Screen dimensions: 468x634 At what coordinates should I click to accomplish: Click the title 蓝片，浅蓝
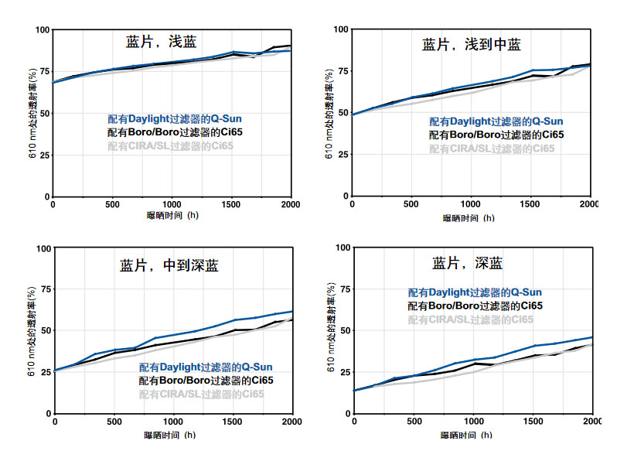(x=167, y=42)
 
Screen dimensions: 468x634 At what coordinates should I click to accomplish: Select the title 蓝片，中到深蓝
(x=169, y=266)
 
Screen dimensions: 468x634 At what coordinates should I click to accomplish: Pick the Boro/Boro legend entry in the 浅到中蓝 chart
(x=496, y=135)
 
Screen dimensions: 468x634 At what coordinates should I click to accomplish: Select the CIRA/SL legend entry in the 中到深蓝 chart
(x=202, y=394)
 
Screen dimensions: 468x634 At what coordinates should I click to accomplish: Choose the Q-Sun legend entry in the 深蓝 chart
(x=475, y=292)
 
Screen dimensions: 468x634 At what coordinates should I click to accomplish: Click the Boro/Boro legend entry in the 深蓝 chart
(x=475, y=306)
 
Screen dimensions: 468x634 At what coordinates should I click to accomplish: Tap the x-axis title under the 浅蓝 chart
(x=172, y=214)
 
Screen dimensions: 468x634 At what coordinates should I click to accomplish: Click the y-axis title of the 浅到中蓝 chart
(x=329, y=114)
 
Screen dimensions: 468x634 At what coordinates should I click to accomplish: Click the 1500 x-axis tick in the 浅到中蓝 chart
(x=530, y=203)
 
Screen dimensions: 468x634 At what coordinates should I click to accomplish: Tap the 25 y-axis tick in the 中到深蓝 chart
(x=44, y=371)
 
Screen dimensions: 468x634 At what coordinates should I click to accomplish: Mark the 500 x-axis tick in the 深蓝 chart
(x=414, y=421)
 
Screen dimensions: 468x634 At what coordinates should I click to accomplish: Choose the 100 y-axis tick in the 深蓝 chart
(x=340, y=248)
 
